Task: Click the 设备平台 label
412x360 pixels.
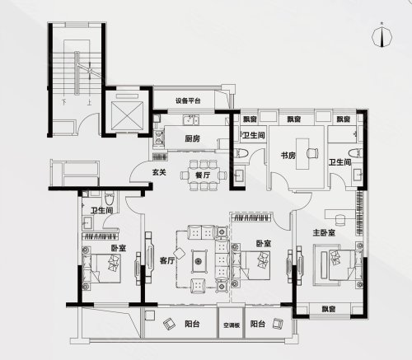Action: (188, 101)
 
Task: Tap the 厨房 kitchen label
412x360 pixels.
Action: (193, 138)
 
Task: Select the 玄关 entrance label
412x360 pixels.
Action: (160, 172)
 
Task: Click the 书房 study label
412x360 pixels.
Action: (288, 155)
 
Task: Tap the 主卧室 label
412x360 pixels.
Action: (324, 233)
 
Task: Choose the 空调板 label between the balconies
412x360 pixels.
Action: (231, 325)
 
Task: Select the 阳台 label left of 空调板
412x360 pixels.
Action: (192, 325)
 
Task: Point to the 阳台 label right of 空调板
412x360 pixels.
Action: (258, 325)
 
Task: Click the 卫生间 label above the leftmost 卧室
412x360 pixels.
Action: (101, 212)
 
